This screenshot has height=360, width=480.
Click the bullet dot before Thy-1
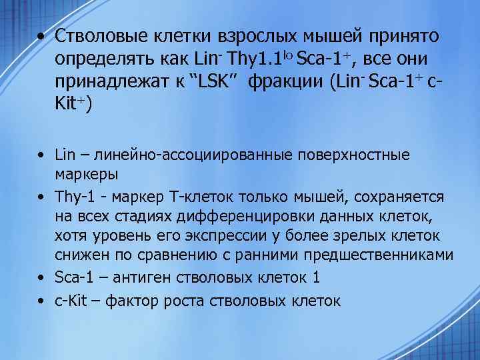[x=41, y=198]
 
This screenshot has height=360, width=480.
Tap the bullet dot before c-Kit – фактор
[x=41, y=300]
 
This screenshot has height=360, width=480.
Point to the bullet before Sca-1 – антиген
[x=41, y=277]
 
